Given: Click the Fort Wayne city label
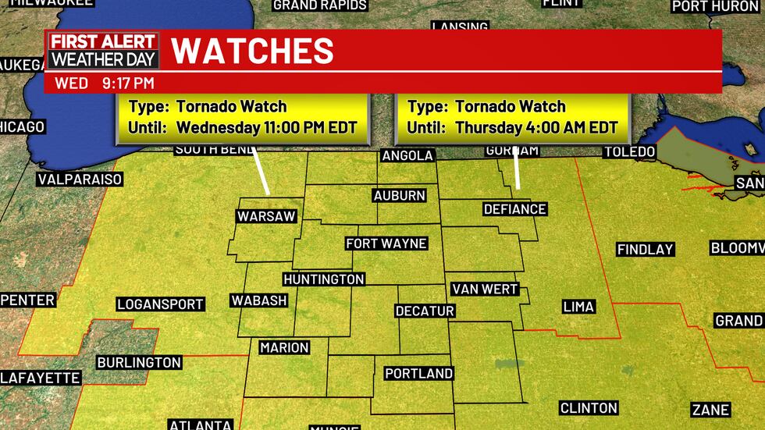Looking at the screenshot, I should pyautogui.click(x=386, y=243).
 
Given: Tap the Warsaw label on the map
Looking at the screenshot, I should pyautogui.click(x=267, y=216).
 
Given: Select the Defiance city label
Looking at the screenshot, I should pyautogui.click(x=514, y=209).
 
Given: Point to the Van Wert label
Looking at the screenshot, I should pyautogui.click(x=485, y=289).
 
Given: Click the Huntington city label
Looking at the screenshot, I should pyautogui.click(x=324, y=279).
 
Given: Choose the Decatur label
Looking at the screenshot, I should pyautogui.click(x=425, y=311).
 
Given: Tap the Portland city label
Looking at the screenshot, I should pyautogui.click(x=418, y=373).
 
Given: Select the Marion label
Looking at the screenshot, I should pyautogui.click(x=285, y=347).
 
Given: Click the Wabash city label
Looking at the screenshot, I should pyautogui.click(x=259, y=300).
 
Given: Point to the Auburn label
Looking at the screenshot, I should pyautogui.click(x=400, y=196).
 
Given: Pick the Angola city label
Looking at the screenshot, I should pyautogui.click(x=407, y=155).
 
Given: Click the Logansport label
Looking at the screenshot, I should pyautogui.click(x=161, y=304).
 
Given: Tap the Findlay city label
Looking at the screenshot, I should pyautogui.click(x=645, y=250).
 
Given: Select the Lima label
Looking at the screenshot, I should pyautogui.click(x=578, y=307).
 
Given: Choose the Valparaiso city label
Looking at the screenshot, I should pyautogui.click(x=80, y=179).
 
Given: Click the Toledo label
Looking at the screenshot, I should pyautogui.click(x=629, y=151).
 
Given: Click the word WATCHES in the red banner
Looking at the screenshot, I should pyautogui.click(x=252, y=51).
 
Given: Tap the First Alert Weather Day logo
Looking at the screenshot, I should pyautogui.click(x=103, y=51).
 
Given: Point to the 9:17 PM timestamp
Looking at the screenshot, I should pyautogui.click(x=126, y=83).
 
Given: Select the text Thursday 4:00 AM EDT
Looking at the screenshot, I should pyautogui.click(x=537, y=128).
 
